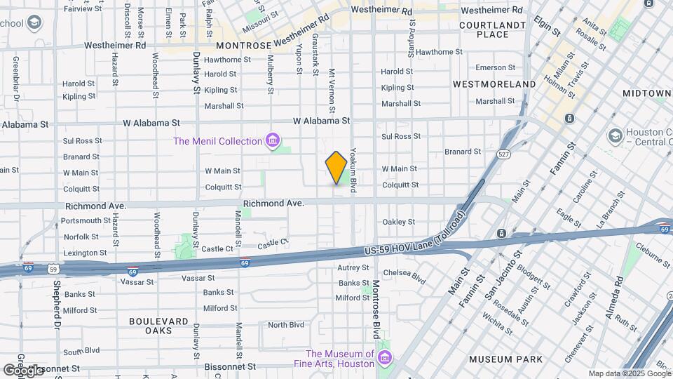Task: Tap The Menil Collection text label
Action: coord(217,141)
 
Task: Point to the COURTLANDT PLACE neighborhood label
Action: coord(492,29)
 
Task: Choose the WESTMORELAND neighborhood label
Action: coord(494,84)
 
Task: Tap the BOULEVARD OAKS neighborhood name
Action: coord(158,326)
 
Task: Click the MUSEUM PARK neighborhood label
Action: coord(505,359)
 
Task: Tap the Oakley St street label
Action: coord(399,222)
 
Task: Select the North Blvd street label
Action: coord(286,325)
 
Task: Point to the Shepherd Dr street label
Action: coord(56,305)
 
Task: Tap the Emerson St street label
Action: coord(495,67)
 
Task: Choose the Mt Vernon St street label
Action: coord(332,91)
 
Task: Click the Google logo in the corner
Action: coord(24,369)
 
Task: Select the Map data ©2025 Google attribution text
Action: coord(628,373)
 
